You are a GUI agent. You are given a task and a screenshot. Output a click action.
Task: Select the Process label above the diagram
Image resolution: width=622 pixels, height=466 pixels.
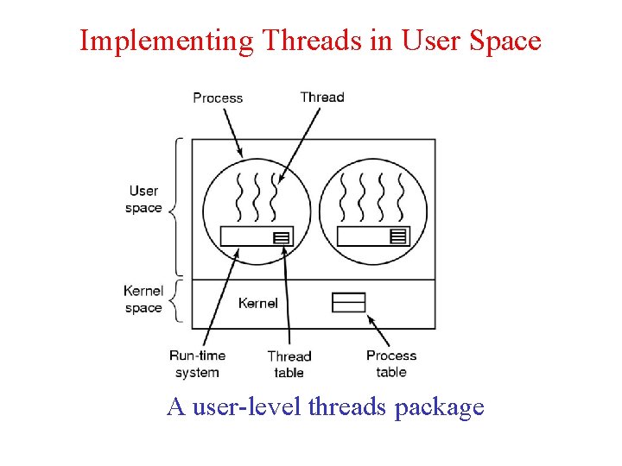point(218,98)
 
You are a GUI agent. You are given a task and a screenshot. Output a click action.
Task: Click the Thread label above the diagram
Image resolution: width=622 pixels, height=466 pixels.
point(322,97)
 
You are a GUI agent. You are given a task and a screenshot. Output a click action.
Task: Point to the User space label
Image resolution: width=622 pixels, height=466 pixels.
point(143,199)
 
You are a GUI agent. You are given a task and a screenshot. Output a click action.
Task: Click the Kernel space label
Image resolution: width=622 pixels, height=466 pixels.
point(143,299)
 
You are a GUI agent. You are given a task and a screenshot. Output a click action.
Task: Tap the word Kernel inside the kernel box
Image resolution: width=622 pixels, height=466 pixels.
point(258,303)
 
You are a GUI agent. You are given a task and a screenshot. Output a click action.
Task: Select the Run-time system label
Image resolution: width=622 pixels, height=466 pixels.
point(197,364)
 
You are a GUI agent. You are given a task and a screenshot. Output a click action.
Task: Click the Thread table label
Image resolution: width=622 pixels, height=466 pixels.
point(289,364)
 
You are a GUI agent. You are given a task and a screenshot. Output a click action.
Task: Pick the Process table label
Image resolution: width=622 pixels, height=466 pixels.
point(391,363)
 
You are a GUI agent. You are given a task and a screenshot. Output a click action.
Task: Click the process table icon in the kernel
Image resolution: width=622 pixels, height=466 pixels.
point(349,302)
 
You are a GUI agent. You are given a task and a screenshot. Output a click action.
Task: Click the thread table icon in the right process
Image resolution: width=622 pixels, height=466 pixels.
point(398,236)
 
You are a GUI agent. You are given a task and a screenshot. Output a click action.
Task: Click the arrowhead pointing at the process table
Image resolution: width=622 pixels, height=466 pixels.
point(371,318)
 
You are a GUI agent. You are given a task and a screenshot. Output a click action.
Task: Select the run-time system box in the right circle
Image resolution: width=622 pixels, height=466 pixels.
point(363,236)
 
